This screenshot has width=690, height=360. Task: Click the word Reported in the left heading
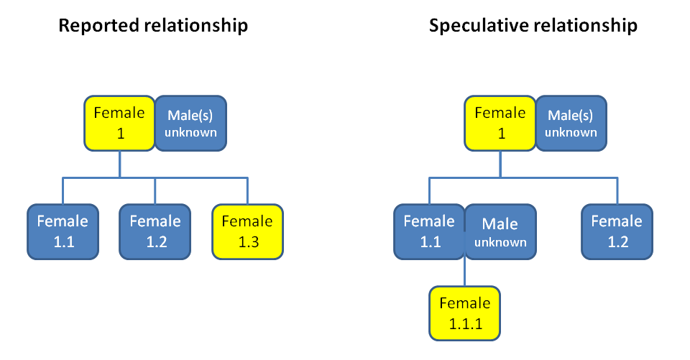(x=99, y=26)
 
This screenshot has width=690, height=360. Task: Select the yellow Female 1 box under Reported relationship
(x=120, y=123)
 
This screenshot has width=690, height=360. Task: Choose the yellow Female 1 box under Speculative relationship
(x=500, y=123)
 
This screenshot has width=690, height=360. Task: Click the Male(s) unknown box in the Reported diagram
(x=190, y=123)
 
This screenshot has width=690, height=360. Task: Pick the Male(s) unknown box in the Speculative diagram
(x=571, y=123)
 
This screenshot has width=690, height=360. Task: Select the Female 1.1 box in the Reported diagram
(x=63, y=232)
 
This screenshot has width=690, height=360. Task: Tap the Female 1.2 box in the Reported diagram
(x=155, y=232)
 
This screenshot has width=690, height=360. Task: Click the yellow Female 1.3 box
(x=248, y=232)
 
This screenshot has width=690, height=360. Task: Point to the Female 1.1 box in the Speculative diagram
(x=430, y=232)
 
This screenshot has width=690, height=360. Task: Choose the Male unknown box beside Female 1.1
(x=500, y=232)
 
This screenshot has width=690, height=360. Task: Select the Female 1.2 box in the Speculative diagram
(x=617, y=232)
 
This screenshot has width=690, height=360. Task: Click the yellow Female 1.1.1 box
(x=465, y=313)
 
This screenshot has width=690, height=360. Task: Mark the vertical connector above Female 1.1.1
(x=465, y=273)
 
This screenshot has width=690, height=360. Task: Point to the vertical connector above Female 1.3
(x=247, y=191)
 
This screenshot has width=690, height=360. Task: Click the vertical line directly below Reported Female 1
(x=120, y=164)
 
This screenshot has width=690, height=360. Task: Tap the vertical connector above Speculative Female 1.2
(x=617, y=191)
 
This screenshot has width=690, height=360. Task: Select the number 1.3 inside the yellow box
(x=249, y=242)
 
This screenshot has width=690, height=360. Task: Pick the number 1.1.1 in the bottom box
(x=466, y=324)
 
